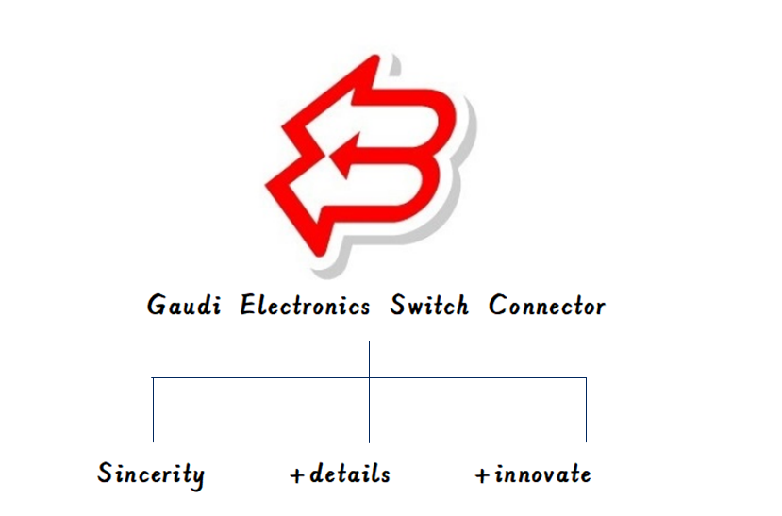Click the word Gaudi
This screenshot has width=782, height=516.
(184, 305)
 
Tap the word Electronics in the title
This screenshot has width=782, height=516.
(305, 305)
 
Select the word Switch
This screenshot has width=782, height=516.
(429, 305)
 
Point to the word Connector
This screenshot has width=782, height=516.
(546, 305)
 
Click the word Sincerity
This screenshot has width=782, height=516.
(151, 475)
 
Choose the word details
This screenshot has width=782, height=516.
(350, 474)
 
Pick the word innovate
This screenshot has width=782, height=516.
(542, 474)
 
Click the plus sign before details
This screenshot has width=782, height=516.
(297, 475)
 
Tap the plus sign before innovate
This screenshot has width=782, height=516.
(482, 475)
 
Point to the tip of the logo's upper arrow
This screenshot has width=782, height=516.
(282, 125)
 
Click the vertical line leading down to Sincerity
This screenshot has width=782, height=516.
(153, 409)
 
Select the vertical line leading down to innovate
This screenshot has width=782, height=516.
(586, 409)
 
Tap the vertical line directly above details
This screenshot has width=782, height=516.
(369, 391)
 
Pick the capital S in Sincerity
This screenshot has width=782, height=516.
(105, 472)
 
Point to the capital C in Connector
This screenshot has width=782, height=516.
(498, 304)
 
